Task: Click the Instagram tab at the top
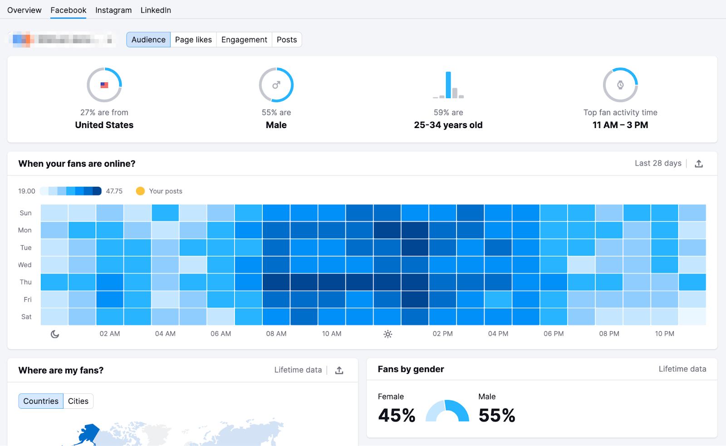[x=113, y=10]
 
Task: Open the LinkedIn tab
[x=156, y=10]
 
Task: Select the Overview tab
[x=25, y=10]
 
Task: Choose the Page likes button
[x=193, y=40]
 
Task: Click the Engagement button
[x=244, y=40]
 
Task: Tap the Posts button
[x=287, y=40]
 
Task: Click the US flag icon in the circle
[x=104, y=85]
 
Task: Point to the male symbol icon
[x=276, y=85]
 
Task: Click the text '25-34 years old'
[x=448, y=125]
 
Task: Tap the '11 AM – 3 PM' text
[x=620, y=125]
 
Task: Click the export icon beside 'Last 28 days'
[x=699, y=164]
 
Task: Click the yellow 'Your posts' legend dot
[x=140, y=191]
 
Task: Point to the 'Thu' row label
[x=26, y=282]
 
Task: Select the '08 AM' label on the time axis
[x=276, y=334]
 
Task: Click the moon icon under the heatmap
[x=55, y=334]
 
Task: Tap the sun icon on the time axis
[x=388, y=334]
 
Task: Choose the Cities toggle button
[x=78, y=401]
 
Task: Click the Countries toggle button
[x=41, y=401]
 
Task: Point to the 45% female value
[x=397, y=415]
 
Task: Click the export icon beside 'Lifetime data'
[x=339, y=370]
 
